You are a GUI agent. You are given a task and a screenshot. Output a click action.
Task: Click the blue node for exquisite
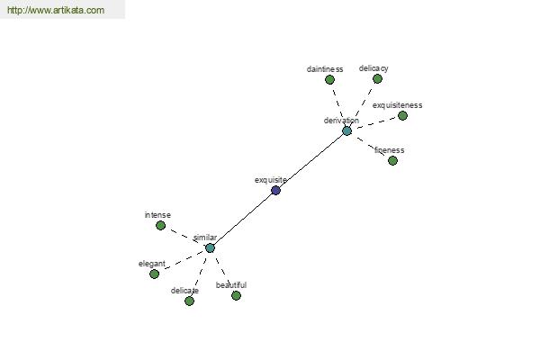click(x=275, y=190)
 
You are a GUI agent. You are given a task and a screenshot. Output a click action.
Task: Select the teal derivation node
click(x=346, y=130)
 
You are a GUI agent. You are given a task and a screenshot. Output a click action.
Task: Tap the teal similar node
click(x=210, y=248)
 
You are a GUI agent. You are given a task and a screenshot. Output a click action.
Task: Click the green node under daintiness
click(x=329, y=80)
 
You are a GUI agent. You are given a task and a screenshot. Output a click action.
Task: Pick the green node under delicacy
click(x=377, y=79)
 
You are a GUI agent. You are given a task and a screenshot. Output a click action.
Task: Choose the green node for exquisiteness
click(x=402, y=116)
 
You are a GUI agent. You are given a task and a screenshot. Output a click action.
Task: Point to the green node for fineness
click(x=392, y=160)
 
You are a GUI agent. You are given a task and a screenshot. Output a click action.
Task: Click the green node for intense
click(x=160, y=226)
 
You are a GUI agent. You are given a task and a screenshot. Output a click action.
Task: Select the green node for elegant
click(x=154, y=274)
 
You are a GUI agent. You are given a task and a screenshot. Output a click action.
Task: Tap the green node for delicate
click(x=189, y=301)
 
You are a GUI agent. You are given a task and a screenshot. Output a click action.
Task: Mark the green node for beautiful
click(x=236, y=295)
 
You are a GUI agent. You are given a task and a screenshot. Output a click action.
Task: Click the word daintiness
click(x=325, y=69)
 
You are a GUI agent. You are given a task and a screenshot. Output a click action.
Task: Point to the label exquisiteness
click(x=397, y=105)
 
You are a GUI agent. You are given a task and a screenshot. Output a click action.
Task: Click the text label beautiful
click(x=231, y=285)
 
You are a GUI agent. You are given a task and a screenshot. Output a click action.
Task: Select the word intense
click(x=157, y=215)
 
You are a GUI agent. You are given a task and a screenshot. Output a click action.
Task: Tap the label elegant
click(x=152, y=264)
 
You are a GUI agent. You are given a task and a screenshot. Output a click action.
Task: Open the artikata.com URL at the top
click(x=56, y=10)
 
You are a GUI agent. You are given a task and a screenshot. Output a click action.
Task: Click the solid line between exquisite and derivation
click(x=312, y=159)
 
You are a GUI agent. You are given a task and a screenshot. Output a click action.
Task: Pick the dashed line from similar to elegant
click(x=184, y=260)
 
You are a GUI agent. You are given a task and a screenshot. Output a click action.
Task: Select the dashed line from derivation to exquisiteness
click(x=376, y=123)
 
